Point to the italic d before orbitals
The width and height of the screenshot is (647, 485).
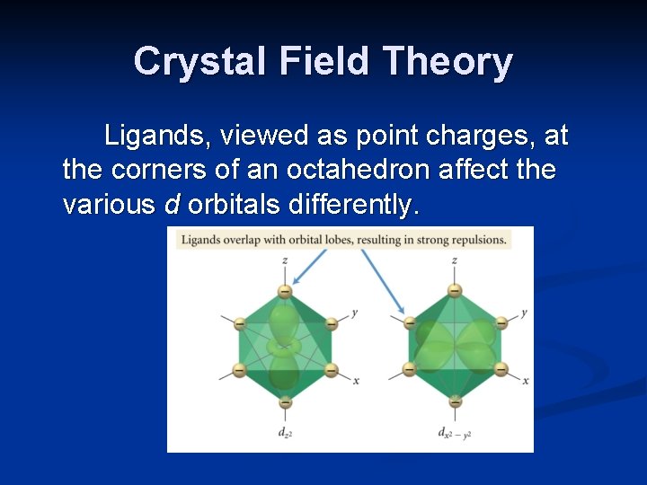[173, 205]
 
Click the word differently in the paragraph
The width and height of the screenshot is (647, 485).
[352, 205]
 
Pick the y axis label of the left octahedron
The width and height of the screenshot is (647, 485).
[356, 312]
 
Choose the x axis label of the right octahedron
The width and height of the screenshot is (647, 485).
[526, 381]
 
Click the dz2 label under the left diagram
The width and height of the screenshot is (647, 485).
[285, 433]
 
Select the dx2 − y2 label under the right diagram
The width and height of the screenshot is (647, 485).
[455, 434]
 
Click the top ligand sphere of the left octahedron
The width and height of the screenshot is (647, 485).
[285, 291]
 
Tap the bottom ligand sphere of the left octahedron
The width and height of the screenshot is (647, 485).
[285, 403]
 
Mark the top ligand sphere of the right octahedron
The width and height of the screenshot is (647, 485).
[455, 291]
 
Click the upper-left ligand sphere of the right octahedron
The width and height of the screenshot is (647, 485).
[410, 322]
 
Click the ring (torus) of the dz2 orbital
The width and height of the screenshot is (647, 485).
[285, 345]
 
